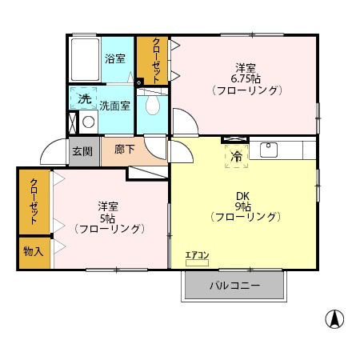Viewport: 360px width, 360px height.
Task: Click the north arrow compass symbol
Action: (334, 319)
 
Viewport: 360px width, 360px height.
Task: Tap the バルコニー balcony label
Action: (234, 286)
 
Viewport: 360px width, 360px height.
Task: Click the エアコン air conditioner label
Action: (197, 255)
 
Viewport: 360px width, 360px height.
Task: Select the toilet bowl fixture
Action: (153, 105)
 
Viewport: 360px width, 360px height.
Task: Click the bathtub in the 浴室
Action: (86, 60)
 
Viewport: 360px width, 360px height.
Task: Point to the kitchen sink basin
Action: (269, 150)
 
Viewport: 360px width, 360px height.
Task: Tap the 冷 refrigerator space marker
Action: (236, 157)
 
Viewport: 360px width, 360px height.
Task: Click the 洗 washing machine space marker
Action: (84, 98)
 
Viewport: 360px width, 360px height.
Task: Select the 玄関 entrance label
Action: (82, 151)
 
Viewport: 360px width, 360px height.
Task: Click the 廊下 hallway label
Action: (125, 150)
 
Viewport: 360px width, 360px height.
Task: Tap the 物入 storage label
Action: (34, 251)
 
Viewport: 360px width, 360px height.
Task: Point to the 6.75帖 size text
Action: (246, 79)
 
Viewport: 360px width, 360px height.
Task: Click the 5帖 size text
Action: (108, 218)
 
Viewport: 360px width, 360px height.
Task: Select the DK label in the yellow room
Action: (242, 197)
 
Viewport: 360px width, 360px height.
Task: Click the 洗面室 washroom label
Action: (115, 106)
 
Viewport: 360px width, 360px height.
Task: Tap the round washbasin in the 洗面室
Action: (89, 122)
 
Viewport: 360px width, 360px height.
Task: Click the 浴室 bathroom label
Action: (115, 58)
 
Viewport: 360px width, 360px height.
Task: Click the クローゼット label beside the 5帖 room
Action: (34, 202)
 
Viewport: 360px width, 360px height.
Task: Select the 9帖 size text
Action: (242, 206)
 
